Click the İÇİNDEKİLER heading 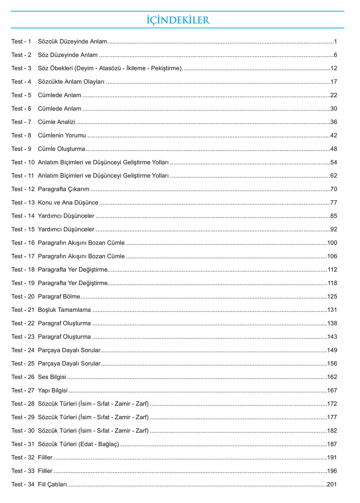(x=178, y=20)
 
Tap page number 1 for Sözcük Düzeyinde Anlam (x=335, y=42)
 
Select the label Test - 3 (x=21, y=68)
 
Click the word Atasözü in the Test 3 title (x=110, y=68)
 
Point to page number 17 (x=334, y=82)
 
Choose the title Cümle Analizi (x=56, y=122)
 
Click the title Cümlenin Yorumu (x=62, y=135)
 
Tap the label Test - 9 (x=21, y=149)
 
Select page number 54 (x=334, y=162)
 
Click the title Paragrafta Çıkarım (x=64, y=189)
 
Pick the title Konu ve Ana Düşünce (x=68, y=203)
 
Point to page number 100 (x=332, y=243)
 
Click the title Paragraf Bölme (x=59, y=297)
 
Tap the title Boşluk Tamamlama (x=64, y=310)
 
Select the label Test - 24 (x=23, y=350)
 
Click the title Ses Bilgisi (x=52, y=377)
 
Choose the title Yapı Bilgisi (x=53, y=390)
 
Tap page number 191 (x=332, y=458)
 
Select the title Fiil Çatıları (x=52, y=485)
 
